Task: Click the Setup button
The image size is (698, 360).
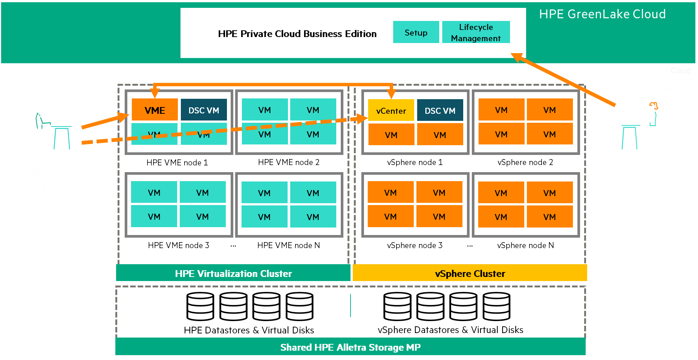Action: (416, 33)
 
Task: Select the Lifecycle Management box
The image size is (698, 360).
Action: (476, 33)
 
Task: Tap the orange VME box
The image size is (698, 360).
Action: (155, 110)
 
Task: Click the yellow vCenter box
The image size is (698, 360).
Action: (391, 111)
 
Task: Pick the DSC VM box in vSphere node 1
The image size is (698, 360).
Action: (440, 110)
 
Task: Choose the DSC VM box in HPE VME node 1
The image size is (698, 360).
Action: (204, 110)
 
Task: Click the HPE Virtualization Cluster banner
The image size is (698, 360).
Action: (233, 274)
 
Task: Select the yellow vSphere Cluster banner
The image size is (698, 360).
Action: (470, 274)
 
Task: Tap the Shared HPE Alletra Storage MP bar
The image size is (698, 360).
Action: (350, 347)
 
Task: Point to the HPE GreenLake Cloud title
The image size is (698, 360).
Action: (602, 14)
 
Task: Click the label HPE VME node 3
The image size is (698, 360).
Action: (178, 245)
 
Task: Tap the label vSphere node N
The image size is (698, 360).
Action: (525, 245)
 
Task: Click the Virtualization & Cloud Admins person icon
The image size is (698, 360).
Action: (52, 127)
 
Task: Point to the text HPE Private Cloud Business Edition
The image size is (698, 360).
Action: (297, 34)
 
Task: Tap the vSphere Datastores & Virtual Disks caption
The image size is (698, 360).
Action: (450, 330)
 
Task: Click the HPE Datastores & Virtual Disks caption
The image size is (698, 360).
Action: (249, 330)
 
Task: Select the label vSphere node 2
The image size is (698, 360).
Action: (525, 162)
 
